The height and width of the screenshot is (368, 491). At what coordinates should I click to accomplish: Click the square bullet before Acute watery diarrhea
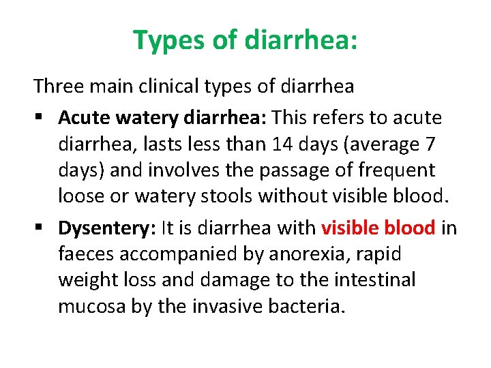point(39,119)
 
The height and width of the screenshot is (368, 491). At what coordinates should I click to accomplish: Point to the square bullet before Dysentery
point(39,228)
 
